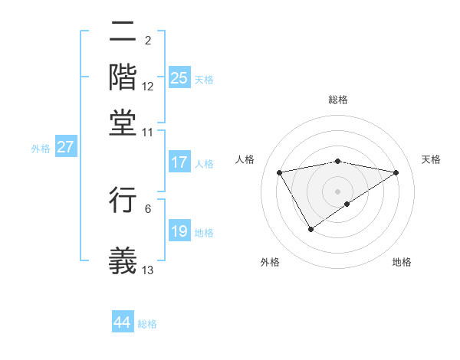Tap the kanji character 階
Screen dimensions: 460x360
(x=123, y=77)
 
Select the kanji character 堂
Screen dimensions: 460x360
(x=123, y=120)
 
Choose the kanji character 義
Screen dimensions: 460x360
(x=123, y=260)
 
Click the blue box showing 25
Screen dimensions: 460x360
(x=179, y=78)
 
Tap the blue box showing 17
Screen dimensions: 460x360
(x=179, y=162)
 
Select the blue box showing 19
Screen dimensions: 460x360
(x=179, y=231)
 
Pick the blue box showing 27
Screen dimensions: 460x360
(x=65, y=147)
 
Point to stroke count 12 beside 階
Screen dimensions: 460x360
(x=148, y=87)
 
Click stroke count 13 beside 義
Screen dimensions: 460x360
(x=148, y=270)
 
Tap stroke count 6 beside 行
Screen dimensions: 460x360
(x=148, y=208)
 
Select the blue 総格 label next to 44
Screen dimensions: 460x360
(x=147, y=324)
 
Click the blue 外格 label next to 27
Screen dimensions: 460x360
(x=40, y=149)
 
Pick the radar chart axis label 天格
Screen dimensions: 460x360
(x=432, y=159)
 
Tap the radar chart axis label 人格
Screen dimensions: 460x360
(x=245, y=159)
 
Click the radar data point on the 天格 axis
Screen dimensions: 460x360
(x=396, y=172)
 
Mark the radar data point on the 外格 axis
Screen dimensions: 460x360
(x=310, y=228)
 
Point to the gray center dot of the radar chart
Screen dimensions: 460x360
(x=337, y=191)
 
